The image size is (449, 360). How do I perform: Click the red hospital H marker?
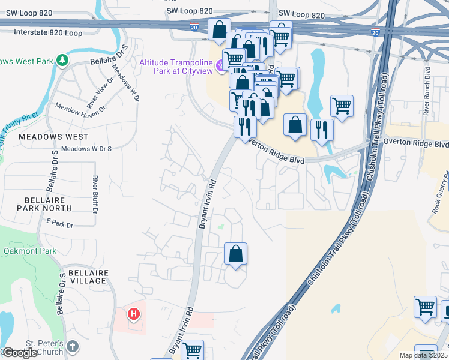[x=134, y=313]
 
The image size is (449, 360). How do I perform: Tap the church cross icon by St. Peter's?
[x=72, y=346]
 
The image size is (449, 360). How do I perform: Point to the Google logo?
[x=20, y=353]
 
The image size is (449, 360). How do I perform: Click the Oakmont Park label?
[x=30, y=251]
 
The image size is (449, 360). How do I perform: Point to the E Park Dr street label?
[x=59, y=225]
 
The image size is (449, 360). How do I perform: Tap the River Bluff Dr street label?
[x=95, y=194]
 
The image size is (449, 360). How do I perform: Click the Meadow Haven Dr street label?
[x=80, y=109]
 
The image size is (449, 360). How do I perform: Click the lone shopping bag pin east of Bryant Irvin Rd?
[x=236, y=253]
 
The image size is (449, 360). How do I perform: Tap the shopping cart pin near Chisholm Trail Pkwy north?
[x=342, y=106]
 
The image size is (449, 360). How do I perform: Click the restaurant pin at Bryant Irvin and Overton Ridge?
[x=245, y=127]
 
